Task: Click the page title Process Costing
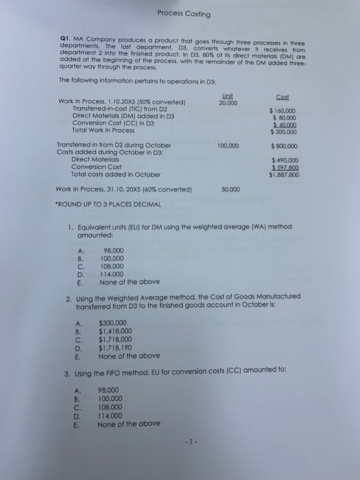(183, 14)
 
